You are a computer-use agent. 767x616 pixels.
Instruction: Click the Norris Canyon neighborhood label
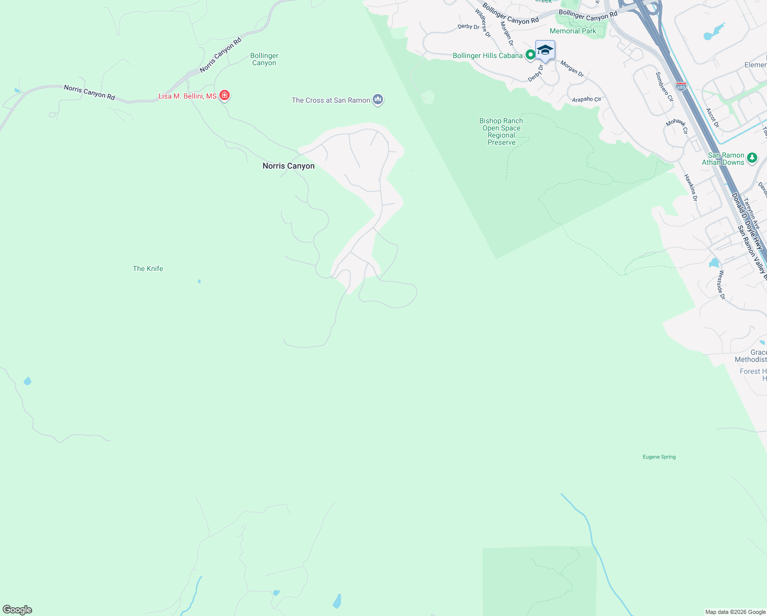[288, 166]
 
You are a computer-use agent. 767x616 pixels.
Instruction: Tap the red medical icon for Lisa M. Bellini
[224, 95]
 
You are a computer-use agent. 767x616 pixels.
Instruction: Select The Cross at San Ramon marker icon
[378, 99]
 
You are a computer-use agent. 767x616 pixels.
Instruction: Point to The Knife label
[148, 268]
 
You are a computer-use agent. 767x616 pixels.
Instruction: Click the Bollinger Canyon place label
[264, 59]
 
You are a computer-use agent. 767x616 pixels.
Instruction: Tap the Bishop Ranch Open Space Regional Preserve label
[501, 131]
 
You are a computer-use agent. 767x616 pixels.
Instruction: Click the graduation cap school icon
[544, 50]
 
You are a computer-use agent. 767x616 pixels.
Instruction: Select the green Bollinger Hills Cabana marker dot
[531, 55]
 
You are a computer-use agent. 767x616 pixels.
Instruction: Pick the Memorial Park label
[573, 31]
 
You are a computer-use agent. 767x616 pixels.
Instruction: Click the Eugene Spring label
[659, 457]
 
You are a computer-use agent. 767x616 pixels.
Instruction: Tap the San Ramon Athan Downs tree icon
[752, 158]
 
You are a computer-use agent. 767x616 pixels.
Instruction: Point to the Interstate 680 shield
[681, 86]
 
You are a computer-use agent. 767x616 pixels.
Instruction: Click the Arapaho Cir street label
[586, 99]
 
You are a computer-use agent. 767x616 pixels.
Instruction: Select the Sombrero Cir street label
[664, 87]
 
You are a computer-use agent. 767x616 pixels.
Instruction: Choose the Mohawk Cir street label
[677, 126]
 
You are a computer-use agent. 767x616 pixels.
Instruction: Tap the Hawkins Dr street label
[691, 187]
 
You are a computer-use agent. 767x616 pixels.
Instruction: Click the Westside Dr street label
[722, 284]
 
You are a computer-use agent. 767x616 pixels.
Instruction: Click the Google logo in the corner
[17, 610]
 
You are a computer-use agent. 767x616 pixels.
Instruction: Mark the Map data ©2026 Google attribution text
[735, 612]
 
